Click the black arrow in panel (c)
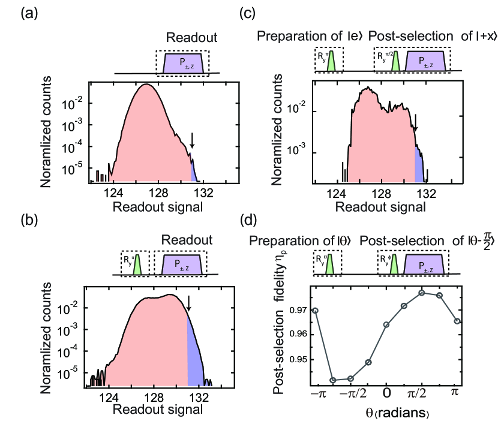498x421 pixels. [x=415, y=127]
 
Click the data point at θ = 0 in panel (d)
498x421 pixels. [x=386, y=324]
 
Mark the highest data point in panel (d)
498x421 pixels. [x=422, y=293]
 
